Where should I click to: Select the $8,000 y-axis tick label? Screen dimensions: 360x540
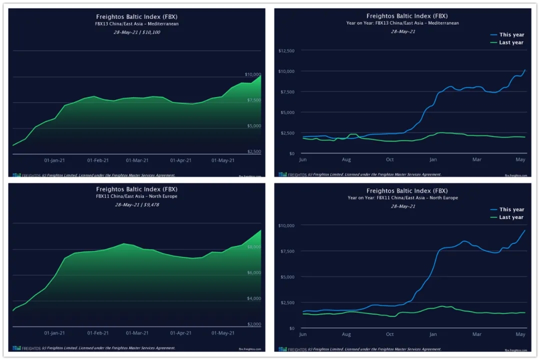click(x=254, y=247)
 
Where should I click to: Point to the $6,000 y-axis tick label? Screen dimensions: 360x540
click(x=254, y=273)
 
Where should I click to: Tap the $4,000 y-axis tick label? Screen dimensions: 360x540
click(x=254, y=298)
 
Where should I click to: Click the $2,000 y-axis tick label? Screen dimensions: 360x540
click(x=254, y=324)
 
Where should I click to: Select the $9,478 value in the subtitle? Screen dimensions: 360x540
click(x=151, y=204)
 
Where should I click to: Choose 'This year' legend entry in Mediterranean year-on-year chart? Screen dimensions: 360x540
click(x=511, y=35)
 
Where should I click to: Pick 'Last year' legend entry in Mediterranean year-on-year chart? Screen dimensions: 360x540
click(x=511, y=42)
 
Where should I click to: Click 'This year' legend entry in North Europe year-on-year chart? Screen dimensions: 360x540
click(x=511, y=209)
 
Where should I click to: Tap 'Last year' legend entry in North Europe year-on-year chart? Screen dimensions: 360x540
click(x=511, y=217)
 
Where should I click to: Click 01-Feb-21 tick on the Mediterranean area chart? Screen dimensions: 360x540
click(x=98, y=160)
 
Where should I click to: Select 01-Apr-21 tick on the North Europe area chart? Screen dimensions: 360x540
click(x=181, y=332)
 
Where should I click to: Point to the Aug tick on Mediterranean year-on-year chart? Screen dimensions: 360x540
click(x=346, y=160)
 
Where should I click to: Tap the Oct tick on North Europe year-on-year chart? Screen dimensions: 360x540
click(x=390, y=334)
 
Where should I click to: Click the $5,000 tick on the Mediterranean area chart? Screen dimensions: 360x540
click(x=254, y=126)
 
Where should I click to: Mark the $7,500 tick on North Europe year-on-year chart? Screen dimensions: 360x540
click(x=287, y=251)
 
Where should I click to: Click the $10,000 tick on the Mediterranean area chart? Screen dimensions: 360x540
click(x=253, y=74)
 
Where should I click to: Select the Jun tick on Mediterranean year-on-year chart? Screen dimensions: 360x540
click(x=302, y=160)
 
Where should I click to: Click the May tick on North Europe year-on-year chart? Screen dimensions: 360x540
click(x=520, y=334)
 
